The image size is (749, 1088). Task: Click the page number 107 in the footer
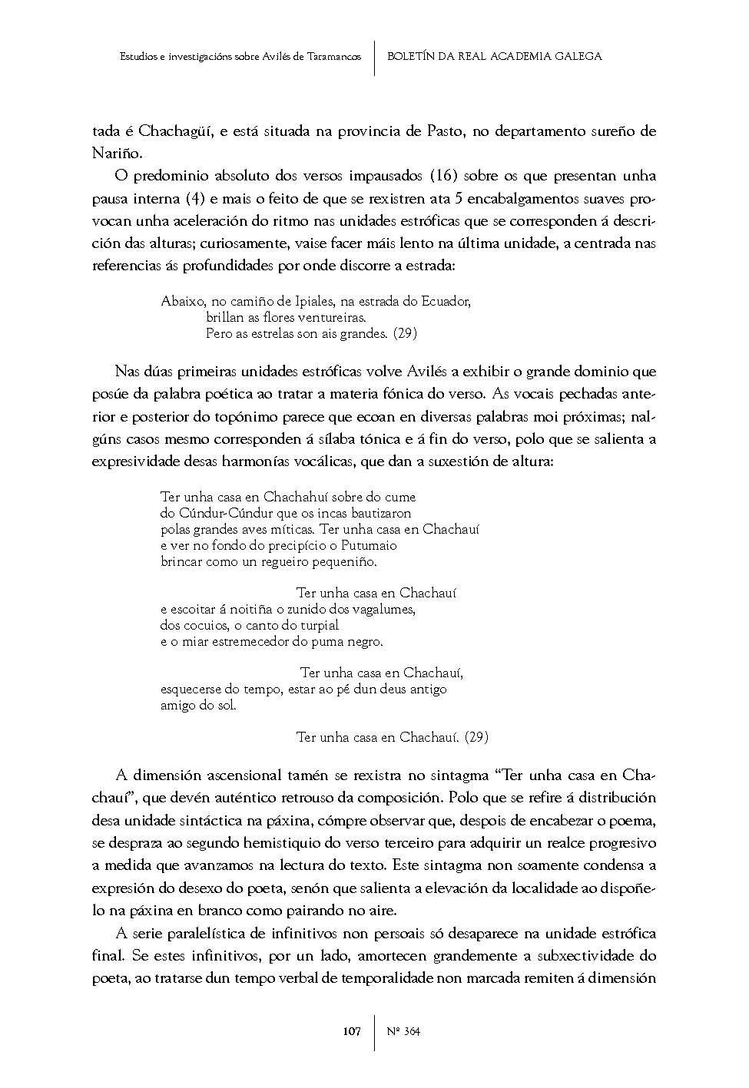coord(352,1031)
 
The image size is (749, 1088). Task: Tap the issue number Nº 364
coord(403,1031)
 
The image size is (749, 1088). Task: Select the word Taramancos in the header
coord(333,56)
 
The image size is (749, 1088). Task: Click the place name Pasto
coord(444,131)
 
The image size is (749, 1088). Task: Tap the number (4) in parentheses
coord(194,198)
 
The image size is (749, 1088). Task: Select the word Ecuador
coord(445,301)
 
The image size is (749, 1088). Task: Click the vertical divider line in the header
coord(374,56)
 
